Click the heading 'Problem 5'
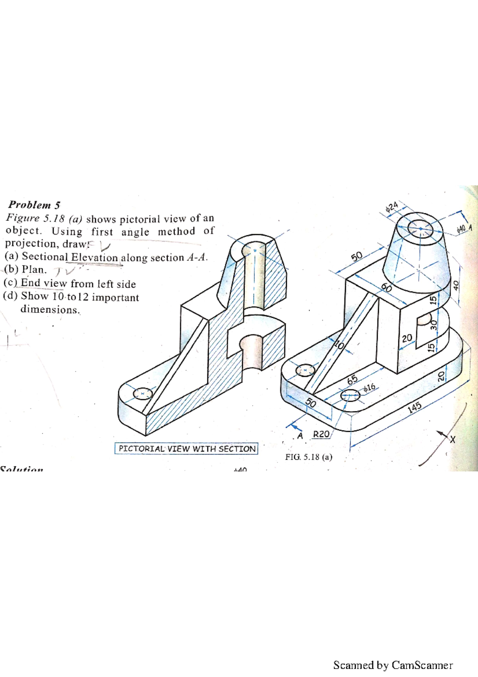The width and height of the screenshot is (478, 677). coord(34,205)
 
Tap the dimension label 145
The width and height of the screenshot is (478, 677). coord(414,407)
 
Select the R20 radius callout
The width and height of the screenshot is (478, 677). coord(321,434)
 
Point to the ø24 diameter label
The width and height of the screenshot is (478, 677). coord(392,207)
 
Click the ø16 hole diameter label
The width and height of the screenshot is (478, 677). coord(369,387)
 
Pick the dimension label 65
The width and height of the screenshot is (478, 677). coord(352,380)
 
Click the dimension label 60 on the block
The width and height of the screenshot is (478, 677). coord(386,287)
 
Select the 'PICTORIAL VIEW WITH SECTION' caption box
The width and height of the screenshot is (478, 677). coord(186,449)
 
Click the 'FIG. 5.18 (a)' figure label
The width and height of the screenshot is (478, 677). coord(308,457)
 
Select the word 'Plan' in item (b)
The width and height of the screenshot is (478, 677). coord(34,270)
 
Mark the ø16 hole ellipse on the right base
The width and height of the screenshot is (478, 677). coord(350,396)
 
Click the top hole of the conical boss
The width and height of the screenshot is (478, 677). coord(420,229)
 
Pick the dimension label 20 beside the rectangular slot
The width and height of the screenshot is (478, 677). coord(407,338)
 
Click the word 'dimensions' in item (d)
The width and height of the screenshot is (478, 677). coord(50,310)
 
